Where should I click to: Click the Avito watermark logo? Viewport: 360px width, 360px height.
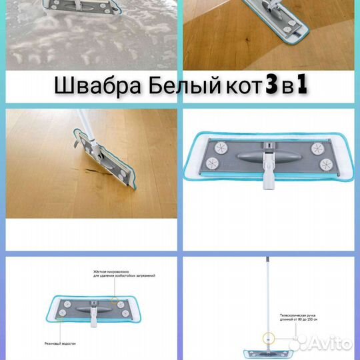[325, 343]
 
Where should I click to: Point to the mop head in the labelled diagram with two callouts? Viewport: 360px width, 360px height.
[87, 305]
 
